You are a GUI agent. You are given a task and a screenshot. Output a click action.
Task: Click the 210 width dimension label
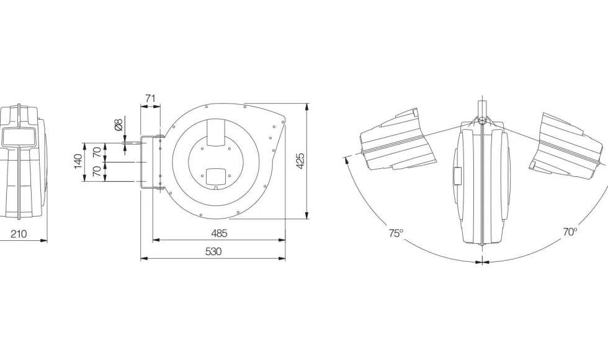[x=19, y=234]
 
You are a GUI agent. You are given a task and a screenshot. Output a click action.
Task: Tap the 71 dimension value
[x=150, y=99]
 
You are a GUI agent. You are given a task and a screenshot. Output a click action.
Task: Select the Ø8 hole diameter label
[x=118, y=125]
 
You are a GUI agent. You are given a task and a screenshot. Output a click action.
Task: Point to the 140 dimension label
[x=78, y=162]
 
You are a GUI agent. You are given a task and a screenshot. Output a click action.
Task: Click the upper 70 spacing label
[x=97, y=152]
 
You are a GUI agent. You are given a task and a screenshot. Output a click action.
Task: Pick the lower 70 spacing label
[x=97, y=171]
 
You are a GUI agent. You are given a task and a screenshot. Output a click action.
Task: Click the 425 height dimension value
[x=300, y=161]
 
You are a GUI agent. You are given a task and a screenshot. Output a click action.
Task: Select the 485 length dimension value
[x=219, y=233]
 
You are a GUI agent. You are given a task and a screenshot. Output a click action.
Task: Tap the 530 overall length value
[x=213, y=252]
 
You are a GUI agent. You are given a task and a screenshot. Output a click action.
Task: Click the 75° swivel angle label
[x=396, y=233]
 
